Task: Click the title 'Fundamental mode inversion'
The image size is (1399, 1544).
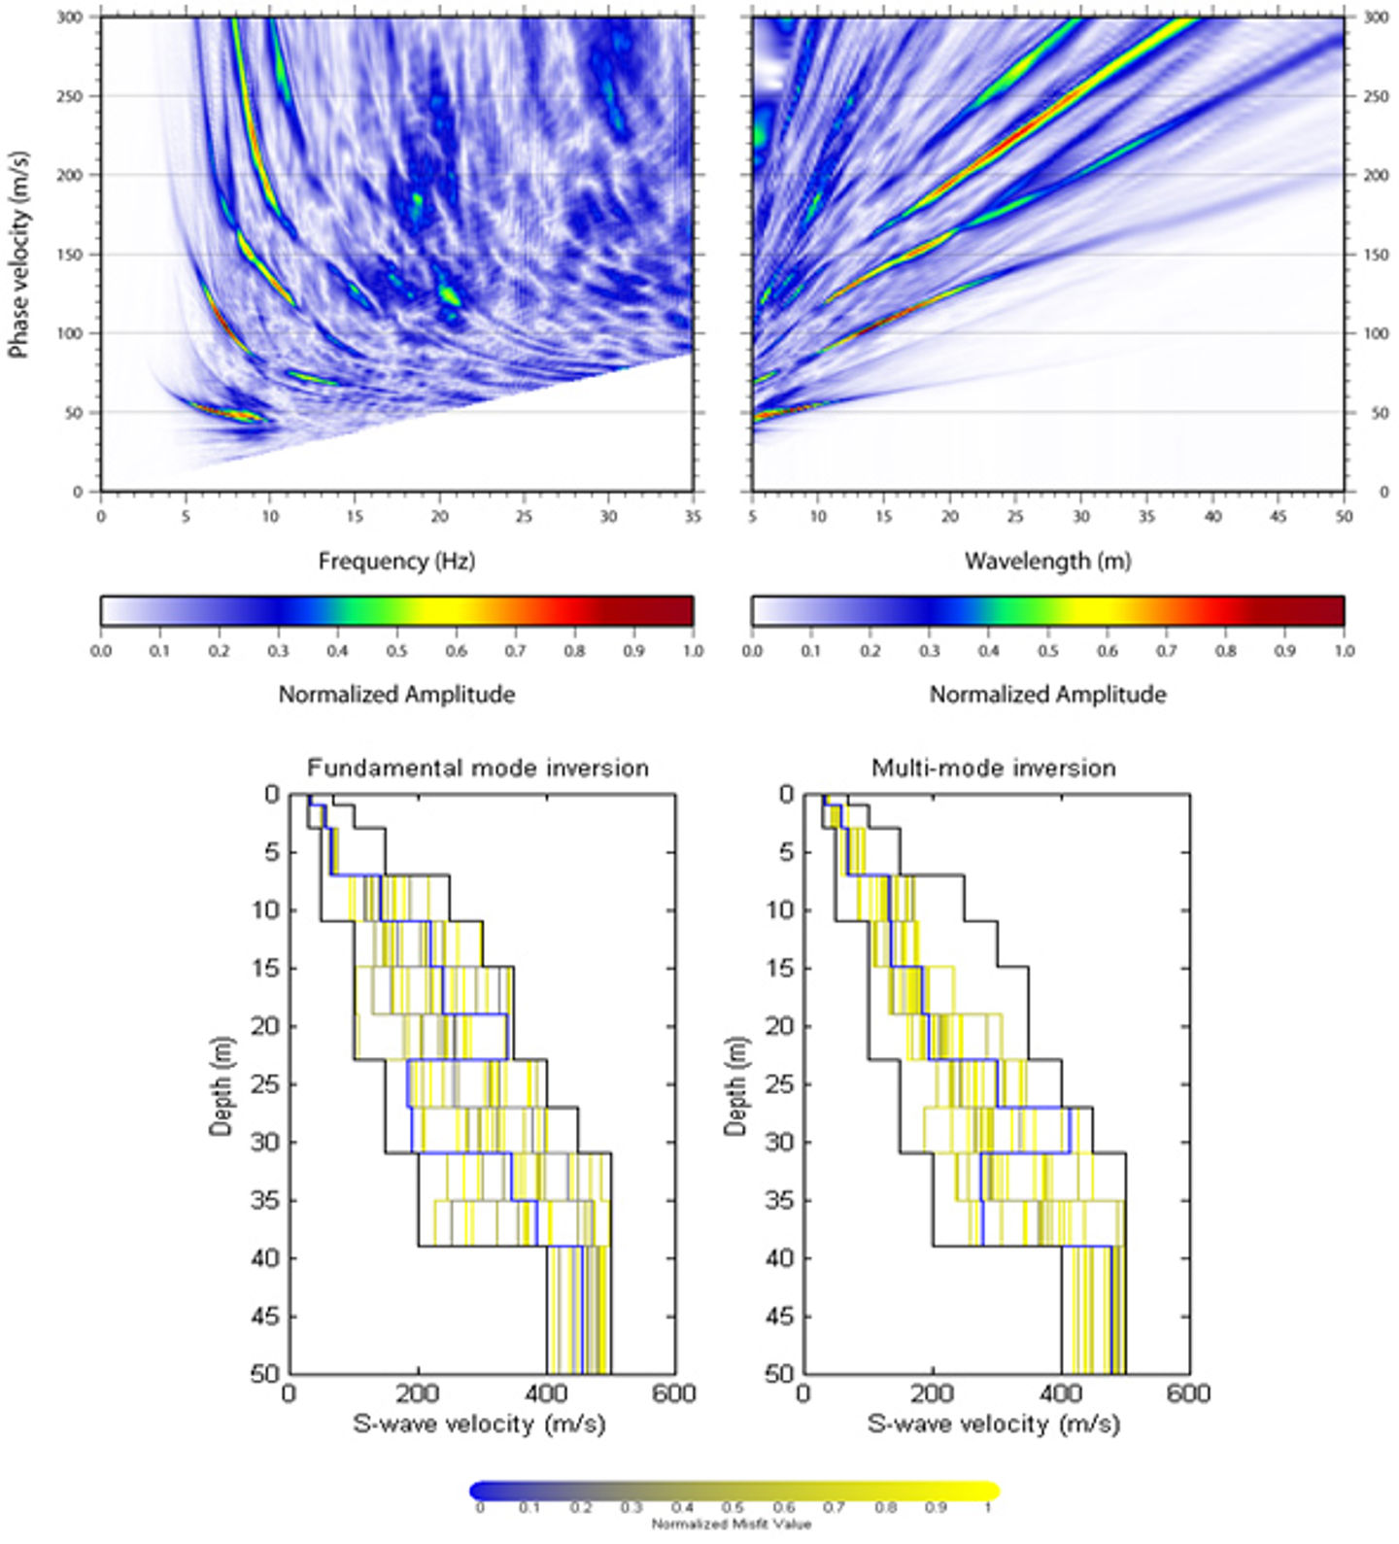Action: click(478, 769)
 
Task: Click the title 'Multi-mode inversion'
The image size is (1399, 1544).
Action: click(993, 769)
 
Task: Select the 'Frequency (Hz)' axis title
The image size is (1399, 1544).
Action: click(396, 561)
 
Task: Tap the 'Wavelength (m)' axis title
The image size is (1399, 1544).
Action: click(1047, 561)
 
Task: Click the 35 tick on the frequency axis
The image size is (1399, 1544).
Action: click(693, 516)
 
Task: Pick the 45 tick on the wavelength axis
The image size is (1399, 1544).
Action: click(1278, 516)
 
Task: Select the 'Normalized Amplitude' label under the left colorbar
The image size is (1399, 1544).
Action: click(396, 695)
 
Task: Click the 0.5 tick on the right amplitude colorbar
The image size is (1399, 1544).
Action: click(1047, 650)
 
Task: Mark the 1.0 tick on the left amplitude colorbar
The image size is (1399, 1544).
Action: click(693, 650)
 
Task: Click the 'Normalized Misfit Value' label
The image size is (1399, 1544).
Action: click(732, 1524)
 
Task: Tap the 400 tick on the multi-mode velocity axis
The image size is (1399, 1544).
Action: click(1060, 1394)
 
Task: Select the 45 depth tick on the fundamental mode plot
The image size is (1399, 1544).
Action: click(264, 1317)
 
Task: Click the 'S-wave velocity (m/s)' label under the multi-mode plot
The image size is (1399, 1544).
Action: click(993, 1424)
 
